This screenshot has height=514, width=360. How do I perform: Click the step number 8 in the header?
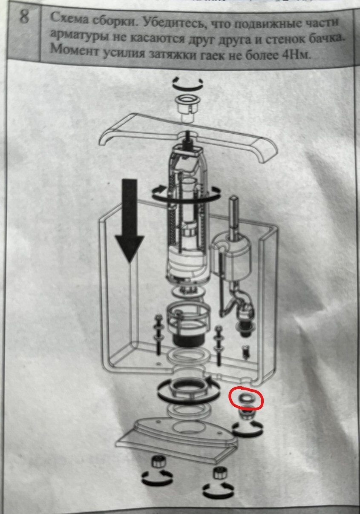coord(24,17)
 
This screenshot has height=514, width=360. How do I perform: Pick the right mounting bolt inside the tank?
coord(218,346)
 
